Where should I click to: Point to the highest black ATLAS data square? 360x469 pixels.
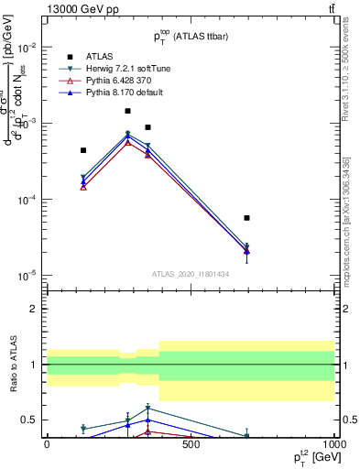click(x=128, y=111)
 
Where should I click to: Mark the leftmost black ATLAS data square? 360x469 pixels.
click(x=83, y=150)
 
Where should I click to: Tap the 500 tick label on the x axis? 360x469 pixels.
click(x=191, y=444)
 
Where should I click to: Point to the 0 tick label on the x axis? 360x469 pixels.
click(x=47, y=444)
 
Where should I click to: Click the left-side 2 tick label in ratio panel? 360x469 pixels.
click(x=34, y=309)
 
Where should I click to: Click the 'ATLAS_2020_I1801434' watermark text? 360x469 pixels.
click(x=191, y=274)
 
